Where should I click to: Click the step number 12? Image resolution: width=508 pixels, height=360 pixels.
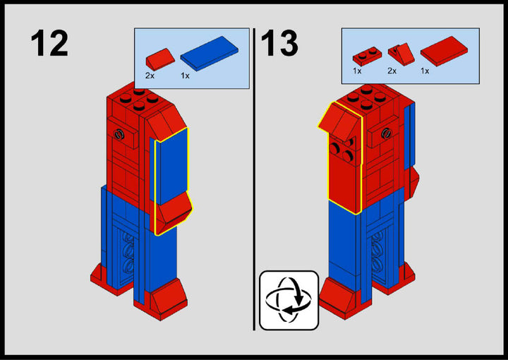click(49, 43)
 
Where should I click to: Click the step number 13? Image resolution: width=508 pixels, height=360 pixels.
click(279, 43)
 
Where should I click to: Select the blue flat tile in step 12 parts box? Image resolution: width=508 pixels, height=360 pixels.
click(210, 54)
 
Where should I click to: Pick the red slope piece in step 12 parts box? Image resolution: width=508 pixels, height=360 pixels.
click(160, 59)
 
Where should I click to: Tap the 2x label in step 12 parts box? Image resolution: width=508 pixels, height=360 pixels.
click(150, 76)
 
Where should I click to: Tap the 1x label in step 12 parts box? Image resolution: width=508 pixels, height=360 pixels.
click(185, 76)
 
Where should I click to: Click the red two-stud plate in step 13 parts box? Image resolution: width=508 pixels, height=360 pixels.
click(367, 56)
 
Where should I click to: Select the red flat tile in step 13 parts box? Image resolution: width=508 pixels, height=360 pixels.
click(444, 51)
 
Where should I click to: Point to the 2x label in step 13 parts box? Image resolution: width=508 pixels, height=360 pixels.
click(392, 71)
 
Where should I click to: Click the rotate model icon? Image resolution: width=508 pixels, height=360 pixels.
click(289, 300)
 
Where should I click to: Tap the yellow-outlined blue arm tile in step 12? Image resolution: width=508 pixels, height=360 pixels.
click(171, 166)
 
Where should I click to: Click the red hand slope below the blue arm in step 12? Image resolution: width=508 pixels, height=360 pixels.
click(174, 213)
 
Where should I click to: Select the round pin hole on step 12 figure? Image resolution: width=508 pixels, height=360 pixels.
click(119, 134)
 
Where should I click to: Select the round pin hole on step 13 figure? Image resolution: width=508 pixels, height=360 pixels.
click(386, 133)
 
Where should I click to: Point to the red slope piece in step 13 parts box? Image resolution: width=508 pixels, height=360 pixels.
click(401, 54)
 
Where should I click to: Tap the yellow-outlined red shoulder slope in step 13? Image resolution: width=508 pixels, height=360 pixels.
click(340, 122)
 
